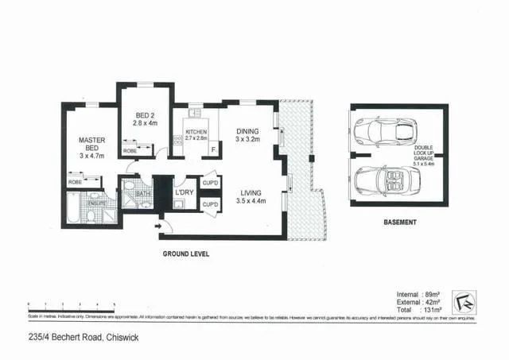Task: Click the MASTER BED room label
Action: click(91, 147)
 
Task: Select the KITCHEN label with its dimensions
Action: click(196, 135)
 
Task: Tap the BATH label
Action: click(144, 192)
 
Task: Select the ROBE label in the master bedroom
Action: click(76, 182)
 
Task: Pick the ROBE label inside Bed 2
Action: click(130, 151)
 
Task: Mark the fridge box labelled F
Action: click(212, 148)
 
